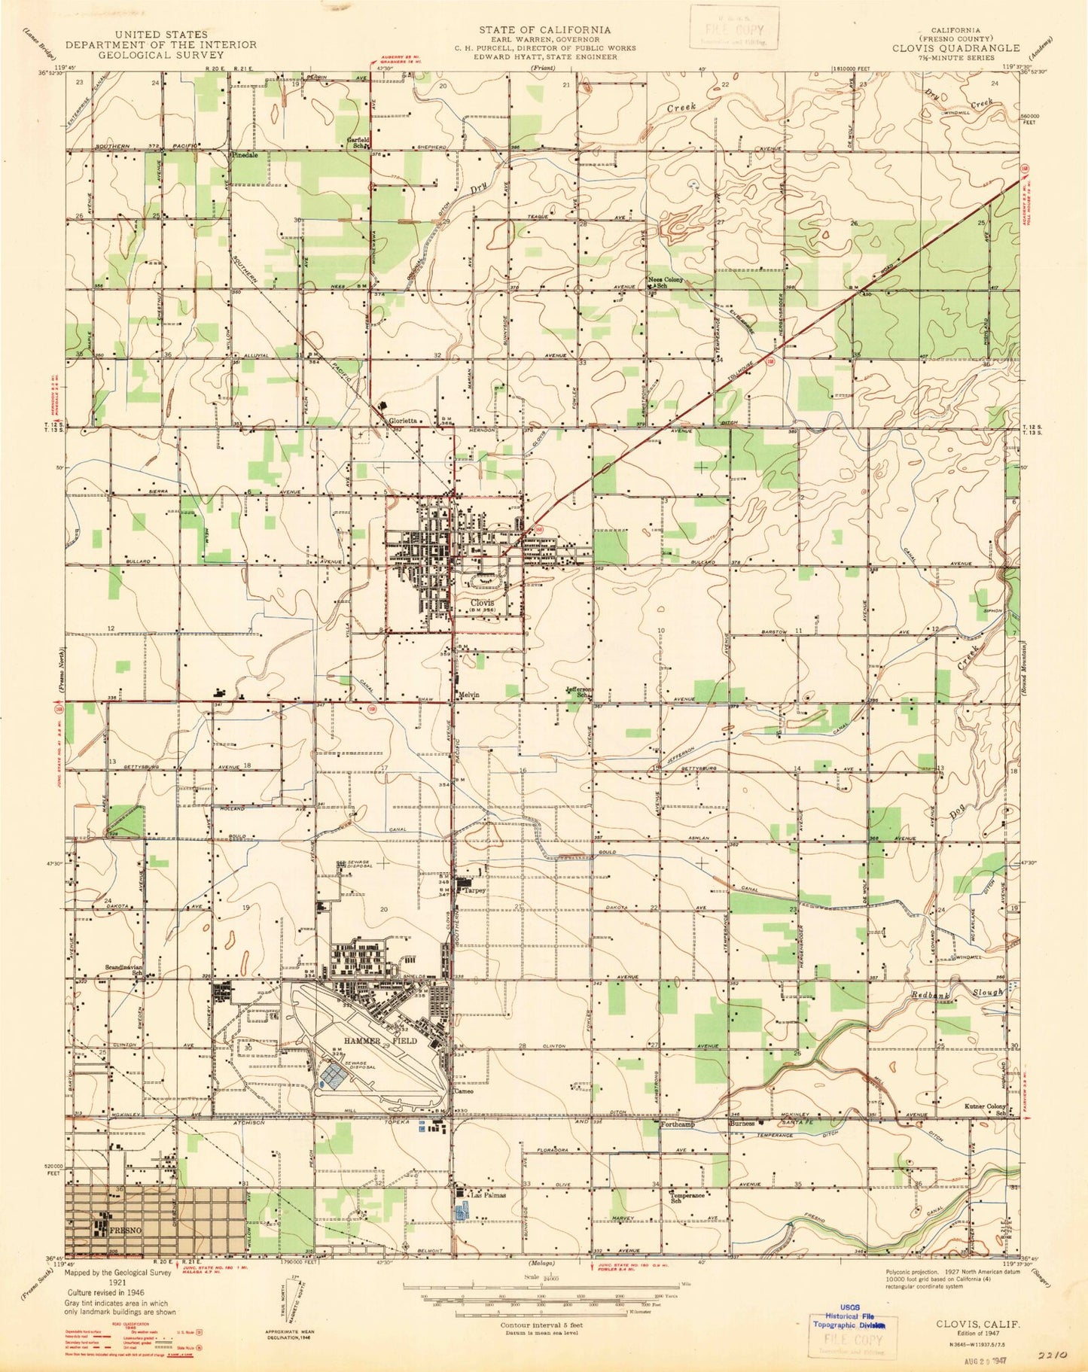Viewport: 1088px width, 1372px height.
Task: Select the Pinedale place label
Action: click(x=249, y=154)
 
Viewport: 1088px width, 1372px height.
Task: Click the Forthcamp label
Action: click(x=678, y=1124)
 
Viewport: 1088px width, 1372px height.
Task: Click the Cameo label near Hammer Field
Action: click(x=462, y=1090)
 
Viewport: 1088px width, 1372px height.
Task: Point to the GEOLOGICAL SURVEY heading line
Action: click(x=162, y=56)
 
